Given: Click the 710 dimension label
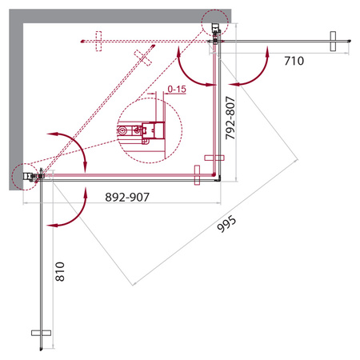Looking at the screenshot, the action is click(x=294, y=61).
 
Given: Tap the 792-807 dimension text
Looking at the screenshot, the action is click(x=230, y=118).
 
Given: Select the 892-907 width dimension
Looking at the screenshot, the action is click(x=127, y=198).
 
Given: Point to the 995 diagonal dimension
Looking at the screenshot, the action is click(x=226, y=224).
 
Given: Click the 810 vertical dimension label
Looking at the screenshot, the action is click(x=60, y=272).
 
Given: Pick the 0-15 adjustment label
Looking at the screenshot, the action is click(x=177, y=89).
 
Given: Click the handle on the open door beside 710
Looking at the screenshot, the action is click(x=333, y=42).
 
